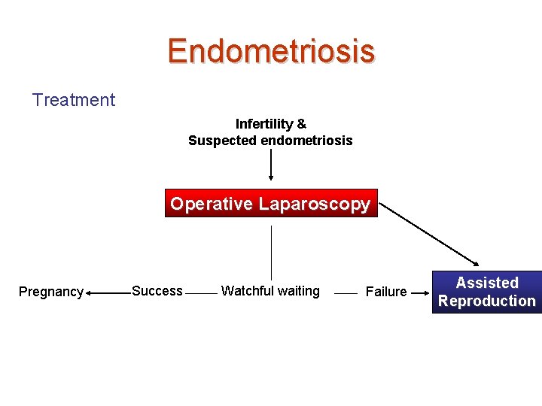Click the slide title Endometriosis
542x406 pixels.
point(271,51)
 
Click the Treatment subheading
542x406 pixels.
point(74,100)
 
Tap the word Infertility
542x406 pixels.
point(264,123)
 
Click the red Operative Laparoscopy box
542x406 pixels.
point(270,204)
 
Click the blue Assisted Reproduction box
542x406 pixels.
point(487,292)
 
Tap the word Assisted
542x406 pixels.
point(487,283)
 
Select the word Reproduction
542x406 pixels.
point(487,301)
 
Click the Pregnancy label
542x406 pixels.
point(50,292)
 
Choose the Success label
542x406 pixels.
point(157,291)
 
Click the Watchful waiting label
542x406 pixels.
point(270,291)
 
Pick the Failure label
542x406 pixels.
point(385,292)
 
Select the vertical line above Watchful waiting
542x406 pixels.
point(271,252)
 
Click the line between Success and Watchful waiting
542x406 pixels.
point(200,292)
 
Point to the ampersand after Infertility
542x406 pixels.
point(301,123)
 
